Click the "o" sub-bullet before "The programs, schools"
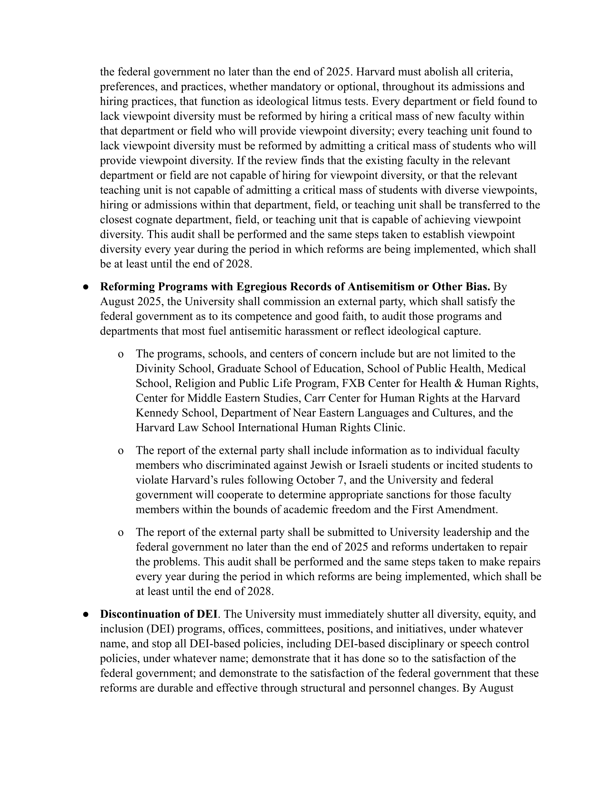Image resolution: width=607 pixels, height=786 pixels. tap(121, 354)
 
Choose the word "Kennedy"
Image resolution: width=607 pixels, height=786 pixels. tap(157, 413)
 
